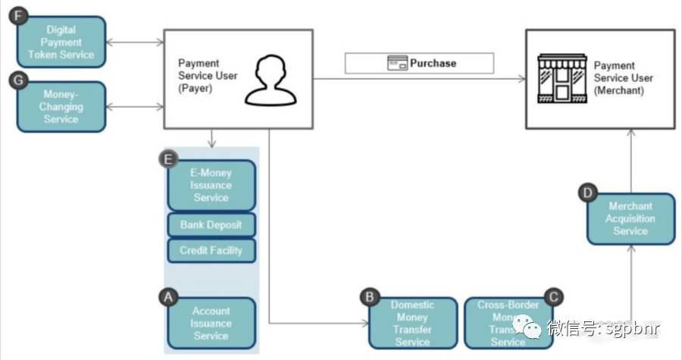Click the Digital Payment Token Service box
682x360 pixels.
(61, 42)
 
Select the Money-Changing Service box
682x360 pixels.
(61, 107)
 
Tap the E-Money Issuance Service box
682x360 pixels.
(211, 186)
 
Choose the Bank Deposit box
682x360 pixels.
(211, 225)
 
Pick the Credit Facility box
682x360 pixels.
(211, 250)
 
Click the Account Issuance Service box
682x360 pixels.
(211, 324)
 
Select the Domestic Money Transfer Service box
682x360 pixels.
(413, 324)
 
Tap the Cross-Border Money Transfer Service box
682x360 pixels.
(508, 324)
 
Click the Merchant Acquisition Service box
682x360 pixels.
(630, 219)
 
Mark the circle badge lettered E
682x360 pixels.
(167, 159)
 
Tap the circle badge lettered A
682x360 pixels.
(168, 297)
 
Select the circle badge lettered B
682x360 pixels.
(369, 297)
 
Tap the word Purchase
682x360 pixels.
(433, 63)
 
